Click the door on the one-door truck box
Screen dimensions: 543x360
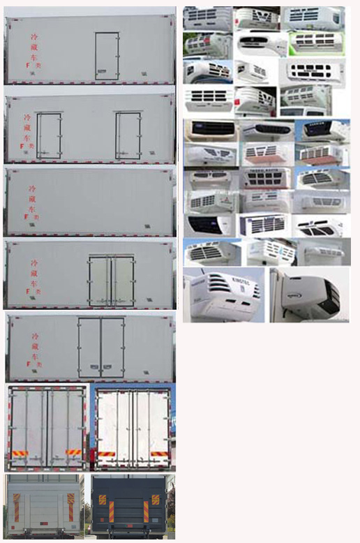[x=107, y=56]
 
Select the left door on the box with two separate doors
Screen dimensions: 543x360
[x=49, y=135]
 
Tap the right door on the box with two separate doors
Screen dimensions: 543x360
[x=128, y=135]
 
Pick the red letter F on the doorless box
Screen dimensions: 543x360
[x=27, y=218]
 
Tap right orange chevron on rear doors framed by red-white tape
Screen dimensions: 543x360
[x=73, y=452]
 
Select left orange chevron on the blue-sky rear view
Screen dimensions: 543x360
[x=106, y=454]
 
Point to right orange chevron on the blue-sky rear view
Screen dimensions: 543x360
[x=158, y=454]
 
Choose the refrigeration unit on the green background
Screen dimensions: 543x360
[x=207, y=45]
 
